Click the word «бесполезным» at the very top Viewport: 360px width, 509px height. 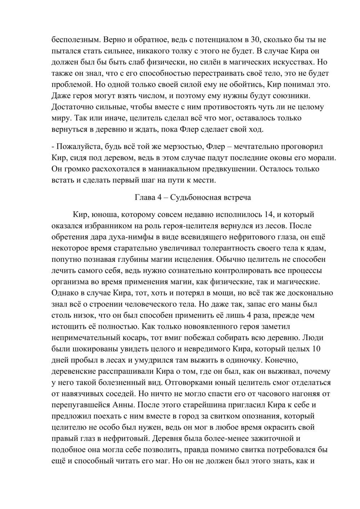[x=73, y=40]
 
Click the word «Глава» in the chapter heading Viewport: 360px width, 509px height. [x=145, y=197]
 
